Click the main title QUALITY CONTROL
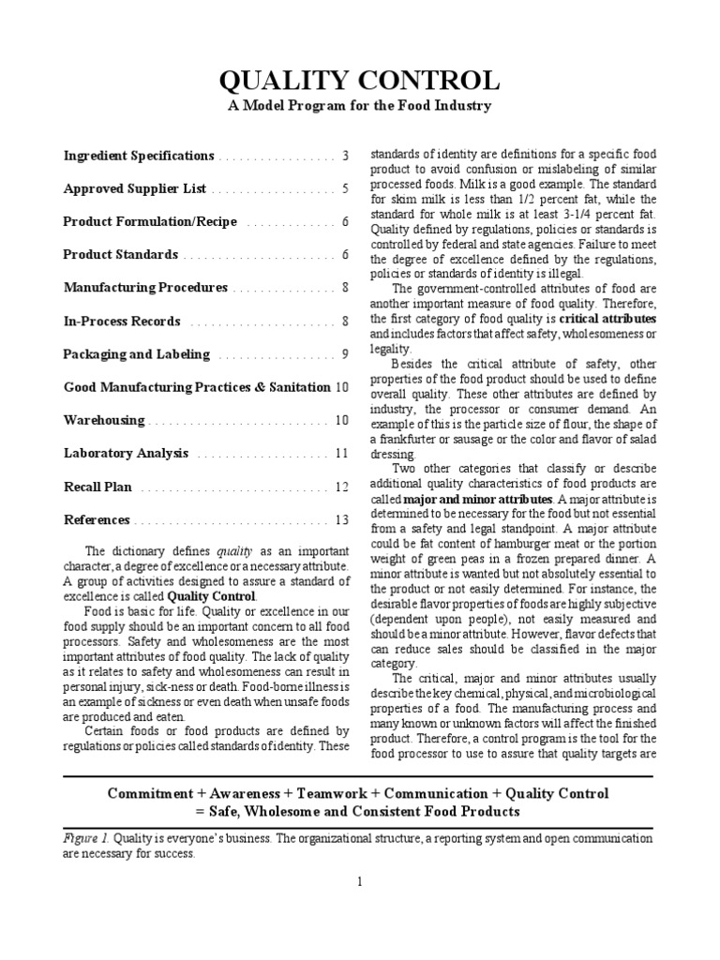(360, 79)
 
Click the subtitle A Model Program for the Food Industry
(360, 106)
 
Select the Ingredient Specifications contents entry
(139, 156)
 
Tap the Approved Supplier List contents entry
(134, 188)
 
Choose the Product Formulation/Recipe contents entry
(150, 222)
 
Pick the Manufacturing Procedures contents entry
(145, 288)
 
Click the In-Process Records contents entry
(122, 321)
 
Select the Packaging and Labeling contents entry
(137, 354)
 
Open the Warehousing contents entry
(104, 420)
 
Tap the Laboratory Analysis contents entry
(127, 453)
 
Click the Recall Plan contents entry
(97, 487)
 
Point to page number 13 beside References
(341, 519)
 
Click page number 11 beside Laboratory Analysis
(342, 453)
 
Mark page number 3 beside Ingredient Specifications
(345, 156)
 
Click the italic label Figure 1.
(82, 838)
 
